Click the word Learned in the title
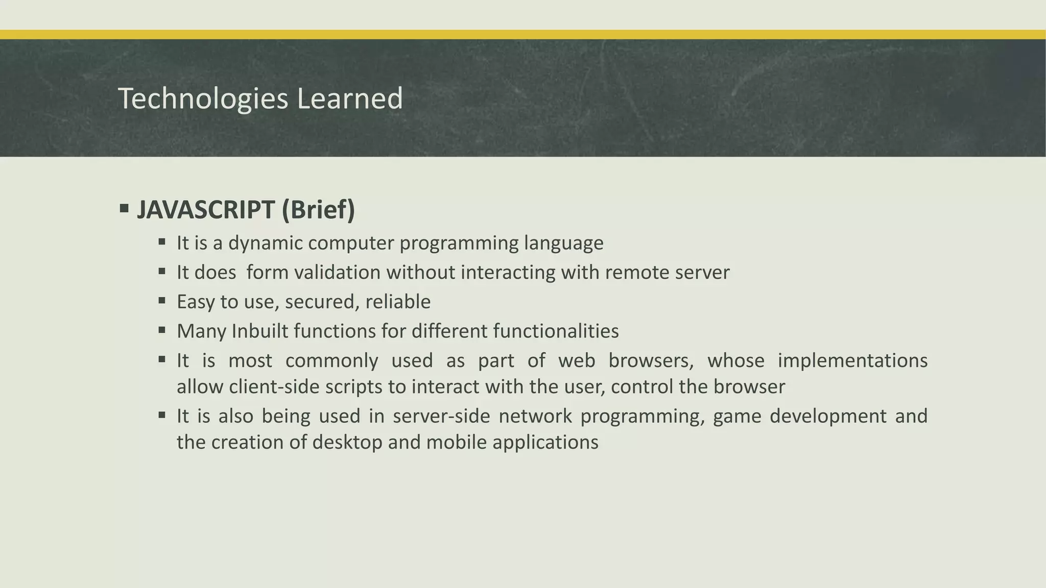(x=350, y=99)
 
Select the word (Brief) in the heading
(x=318, y=210)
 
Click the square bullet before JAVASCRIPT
(x=124, y=208)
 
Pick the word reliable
(x=398, y=302)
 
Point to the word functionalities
(x=556, y=331)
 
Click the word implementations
(x=852, y=361)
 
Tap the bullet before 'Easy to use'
(x=162, y=301)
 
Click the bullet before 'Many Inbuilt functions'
(x=162, y=330)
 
